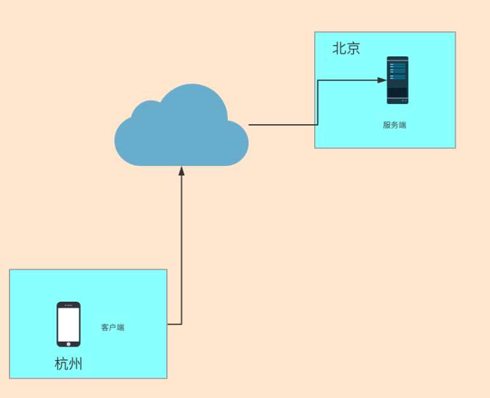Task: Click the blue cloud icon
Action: (181, 130)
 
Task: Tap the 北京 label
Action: (346, 48)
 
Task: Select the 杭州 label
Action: (69, 364)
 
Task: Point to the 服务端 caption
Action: (394, 125)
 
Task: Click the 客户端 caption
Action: (112, 327)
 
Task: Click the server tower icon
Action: (397, 80)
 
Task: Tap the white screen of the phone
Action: (69, 324)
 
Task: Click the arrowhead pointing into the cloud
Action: (182, 170)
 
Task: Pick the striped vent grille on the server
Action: (397, 93)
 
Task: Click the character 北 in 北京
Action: (339, 48)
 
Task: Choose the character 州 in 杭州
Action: (76, 364)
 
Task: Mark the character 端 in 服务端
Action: (402, 125)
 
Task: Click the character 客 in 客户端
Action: (105, 327)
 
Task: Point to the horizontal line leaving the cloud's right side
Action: (282, 125)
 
